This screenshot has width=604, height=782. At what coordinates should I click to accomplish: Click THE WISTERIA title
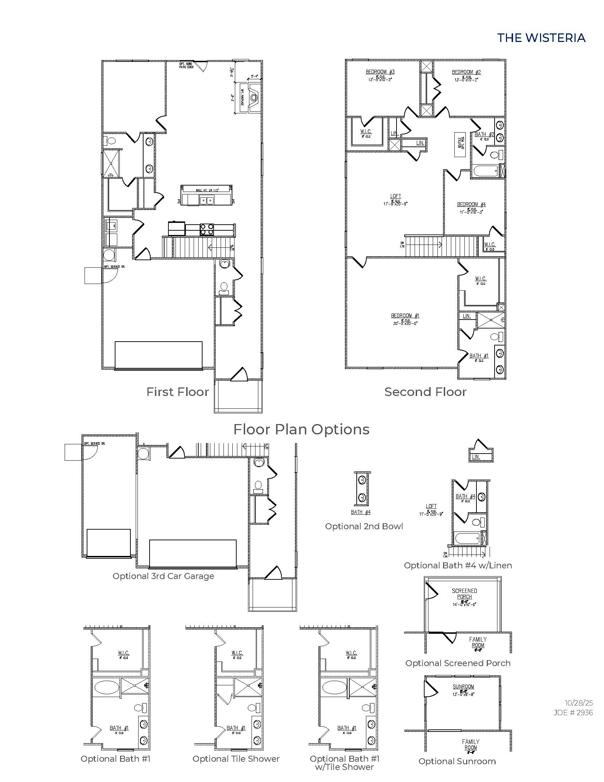point(541,38)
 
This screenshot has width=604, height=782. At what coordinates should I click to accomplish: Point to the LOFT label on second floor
point(395,196)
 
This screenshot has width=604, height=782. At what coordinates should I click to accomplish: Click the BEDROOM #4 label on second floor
point(471,204)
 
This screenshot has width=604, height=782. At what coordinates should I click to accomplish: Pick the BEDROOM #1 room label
point(405,316)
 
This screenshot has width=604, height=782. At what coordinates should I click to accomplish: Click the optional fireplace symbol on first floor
point(253,97)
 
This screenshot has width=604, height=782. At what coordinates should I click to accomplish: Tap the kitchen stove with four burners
point(206,229)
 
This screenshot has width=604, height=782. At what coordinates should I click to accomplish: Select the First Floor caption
point(178,392)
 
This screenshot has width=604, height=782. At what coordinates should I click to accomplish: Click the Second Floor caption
point(425,392)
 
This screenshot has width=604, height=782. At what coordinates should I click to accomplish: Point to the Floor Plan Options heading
point(301,429)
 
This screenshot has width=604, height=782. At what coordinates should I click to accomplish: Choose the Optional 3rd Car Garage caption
point(163,576)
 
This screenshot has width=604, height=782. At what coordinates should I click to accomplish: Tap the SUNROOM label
point(463,687)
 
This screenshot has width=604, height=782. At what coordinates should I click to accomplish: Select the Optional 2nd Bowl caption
point(364,526)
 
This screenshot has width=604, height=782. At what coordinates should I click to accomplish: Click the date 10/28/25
point(578,703)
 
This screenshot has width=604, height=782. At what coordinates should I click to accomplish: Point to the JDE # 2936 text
point(573,713)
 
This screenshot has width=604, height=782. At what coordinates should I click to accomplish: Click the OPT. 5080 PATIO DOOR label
point(186,65)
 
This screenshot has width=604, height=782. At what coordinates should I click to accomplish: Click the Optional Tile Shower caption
point(236,759)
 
